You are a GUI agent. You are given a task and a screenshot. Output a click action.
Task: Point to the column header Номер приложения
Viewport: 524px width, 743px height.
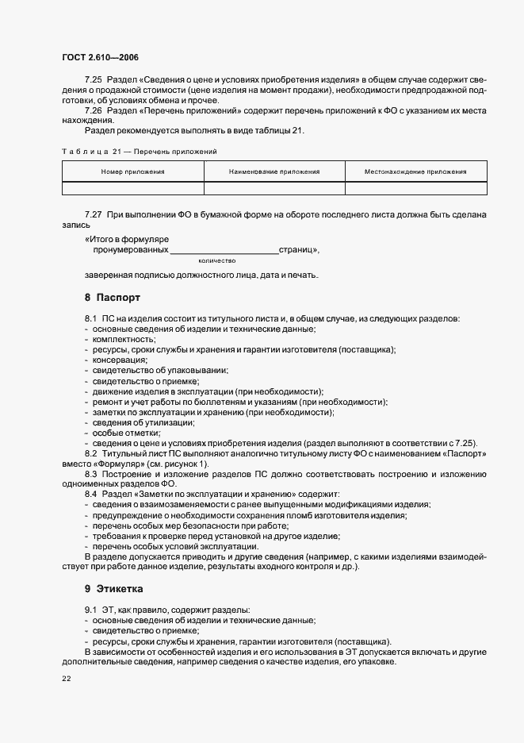point(132,171)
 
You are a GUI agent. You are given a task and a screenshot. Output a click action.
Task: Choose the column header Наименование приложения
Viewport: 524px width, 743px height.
point(274,171)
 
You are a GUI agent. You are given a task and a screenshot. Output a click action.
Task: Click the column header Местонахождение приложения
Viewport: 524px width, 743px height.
point(415,171)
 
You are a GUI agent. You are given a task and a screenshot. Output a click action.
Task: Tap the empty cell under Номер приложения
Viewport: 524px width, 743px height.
point(132,188)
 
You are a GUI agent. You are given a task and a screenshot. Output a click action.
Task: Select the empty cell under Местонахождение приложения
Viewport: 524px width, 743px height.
point(415,188)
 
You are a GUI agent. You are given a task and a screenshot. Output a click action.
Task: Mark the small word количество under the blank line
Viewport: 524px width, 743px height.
point(216,260)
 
